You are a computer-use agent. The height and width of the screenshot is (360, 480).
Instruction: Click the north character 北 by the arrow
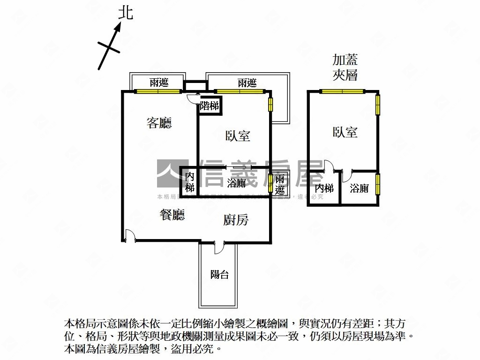point(125,13)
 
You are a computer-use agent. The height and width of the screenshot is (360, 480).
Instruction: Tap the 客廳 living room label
point(159,123)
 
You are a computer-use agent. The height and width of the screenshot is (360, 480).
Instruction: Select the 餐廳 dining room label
point(172,215)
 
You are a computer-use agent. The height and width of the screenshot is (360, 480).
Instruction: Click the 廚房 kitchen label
point(235,220)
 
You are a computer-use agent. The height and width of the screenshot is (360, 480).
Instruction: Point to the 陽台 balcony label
point(219,275)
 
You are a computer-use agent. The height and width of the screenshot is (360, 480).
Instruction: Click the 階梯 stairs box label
point(209,106)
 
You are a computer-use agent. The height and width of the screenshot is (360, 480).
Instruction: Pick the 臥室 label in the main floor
point(238,136)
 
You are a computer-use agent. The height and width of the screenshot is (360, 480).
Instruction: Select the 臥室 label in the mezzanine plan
point(345,132)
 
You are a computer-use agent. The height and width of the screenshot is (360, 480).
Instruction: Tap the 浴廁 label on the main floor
point(236,183)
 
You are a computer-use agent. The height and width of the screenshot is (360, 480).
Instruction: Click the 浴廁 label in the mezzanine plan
point(360,188)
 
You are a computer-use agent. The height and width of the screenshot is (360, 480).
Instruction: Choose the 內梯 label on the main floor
point(189,182)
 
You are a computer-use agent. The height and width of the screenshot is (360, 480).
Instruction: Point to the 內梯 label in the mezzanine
point(324,188)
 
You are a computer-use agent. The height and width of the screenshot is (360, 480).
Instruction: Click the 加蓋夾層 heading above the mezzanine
point(345,67)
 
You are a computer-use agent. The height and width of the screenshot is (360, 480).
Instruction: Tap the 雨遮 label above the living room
point(159,83)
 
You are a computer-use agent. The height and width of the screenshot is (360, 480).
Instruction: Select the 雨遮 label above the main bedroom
point(247,83)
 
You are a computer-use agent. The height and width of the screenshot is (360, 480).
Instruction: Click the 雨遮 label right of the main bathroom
point(280,184)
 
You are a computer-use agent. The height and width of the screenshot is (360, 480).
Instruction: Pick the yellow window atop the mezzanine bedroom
point(342,91)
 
